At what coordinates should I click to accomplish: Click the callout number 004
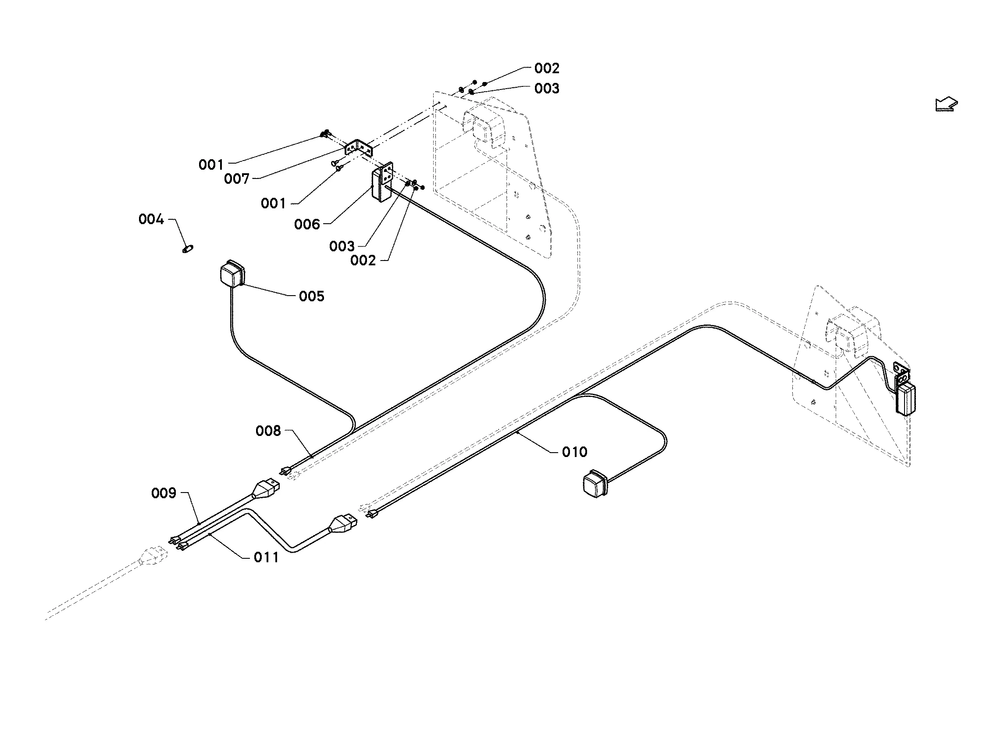pyautogui.click(x=151, y=219)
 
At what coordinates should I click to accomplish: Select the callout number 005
pyautogui.click(x=312, y=296)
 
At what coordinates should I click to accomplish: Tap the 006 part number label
pyautogui.click(x=306, y=224)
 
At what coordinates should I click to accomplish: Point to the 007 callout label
pyautogui.click(x=236, y=179)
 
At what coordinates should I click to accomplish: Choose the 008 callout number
pyautogui.click(x=268, y=431)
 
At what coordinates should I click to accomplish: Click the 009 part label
pyautogui.click(x=164, y=493)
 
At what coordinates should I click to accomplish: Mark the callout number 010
pyautogui.click(x=575, y=452)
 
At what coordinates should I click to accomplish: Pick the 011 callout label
pyautogui.click(x=266, y=557)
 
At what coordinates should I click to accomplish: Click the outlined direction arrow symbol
pyautogui.click(x=946, y=104)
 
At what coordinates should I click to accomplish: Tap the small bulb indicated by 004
pyautogui.click(x=188, y=249)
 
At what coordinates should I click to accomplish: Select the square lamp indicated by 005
pyautogui.click(x=232, y=273)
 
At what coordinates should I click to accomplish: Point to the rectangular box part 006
pyautogui.click(x=381, y=182)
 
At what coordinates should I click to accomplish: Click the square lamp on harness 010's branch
pyautogui.click(x=594, y=483)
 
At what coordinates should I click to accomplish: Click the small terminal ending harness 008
pyautogui.click(x=285, y=471)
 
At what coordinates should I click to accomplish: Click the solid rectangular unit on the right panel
pyautogui.click(x=905, y=399)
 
